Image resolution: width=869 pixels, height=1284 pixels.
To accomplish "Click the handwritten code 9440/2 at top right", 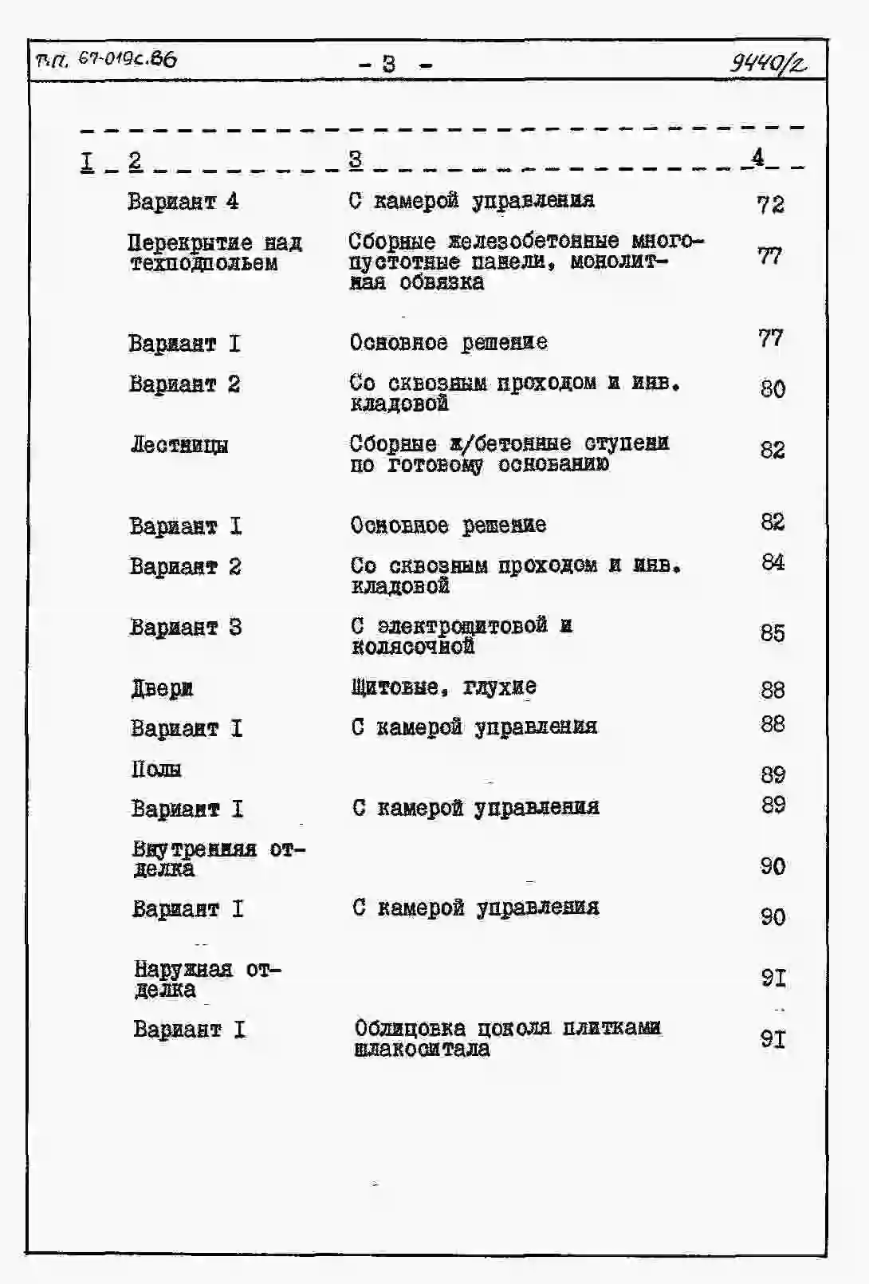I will (768, 61).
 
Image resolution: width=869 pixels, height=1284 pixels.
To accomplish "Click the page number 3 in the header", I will (388, 63).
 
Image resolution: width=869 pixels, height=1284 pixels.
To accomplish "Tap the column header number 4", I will (757, 157).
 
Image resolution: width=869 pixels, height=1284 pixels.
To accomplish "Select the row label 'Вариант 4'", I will (183, 201).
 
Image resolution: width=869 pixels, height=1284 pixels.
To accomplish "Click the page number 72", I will (770, 205).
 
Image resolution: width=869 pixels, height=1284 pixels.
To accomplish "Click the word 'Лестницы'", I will (179, 444).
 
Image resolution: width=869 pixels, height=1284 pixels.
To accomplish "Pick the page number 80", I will (773, 389).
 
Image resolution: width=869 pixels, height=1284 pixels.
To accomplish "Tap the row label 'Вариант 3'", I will (186, 628).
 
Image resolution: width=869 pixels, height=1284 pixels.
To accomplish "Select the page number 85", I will (773, 633).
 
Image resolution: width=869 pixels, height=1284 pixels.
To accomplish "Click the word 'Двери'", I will (162, 688).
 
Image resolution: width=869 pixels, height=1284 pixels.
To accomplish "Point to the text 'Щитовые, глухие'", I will (444, 687).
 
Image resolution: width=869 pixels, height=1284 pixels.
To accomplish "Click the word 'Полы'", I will (156, 769).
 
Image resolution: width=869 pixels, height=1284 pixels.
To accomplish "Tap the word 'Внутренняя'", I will (195, 849).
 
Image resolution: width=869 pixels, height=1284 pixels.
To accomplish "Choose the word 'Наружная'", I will (183, 970).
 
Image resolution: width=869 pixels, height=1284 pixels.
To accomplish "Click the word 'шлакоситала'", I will (422, 1049).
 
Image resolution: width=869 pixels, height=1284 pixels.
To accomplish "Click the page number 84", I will (773, 563).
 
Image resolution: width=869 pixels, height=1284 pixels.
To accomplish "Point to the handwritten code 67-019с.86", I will (127, 60).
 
